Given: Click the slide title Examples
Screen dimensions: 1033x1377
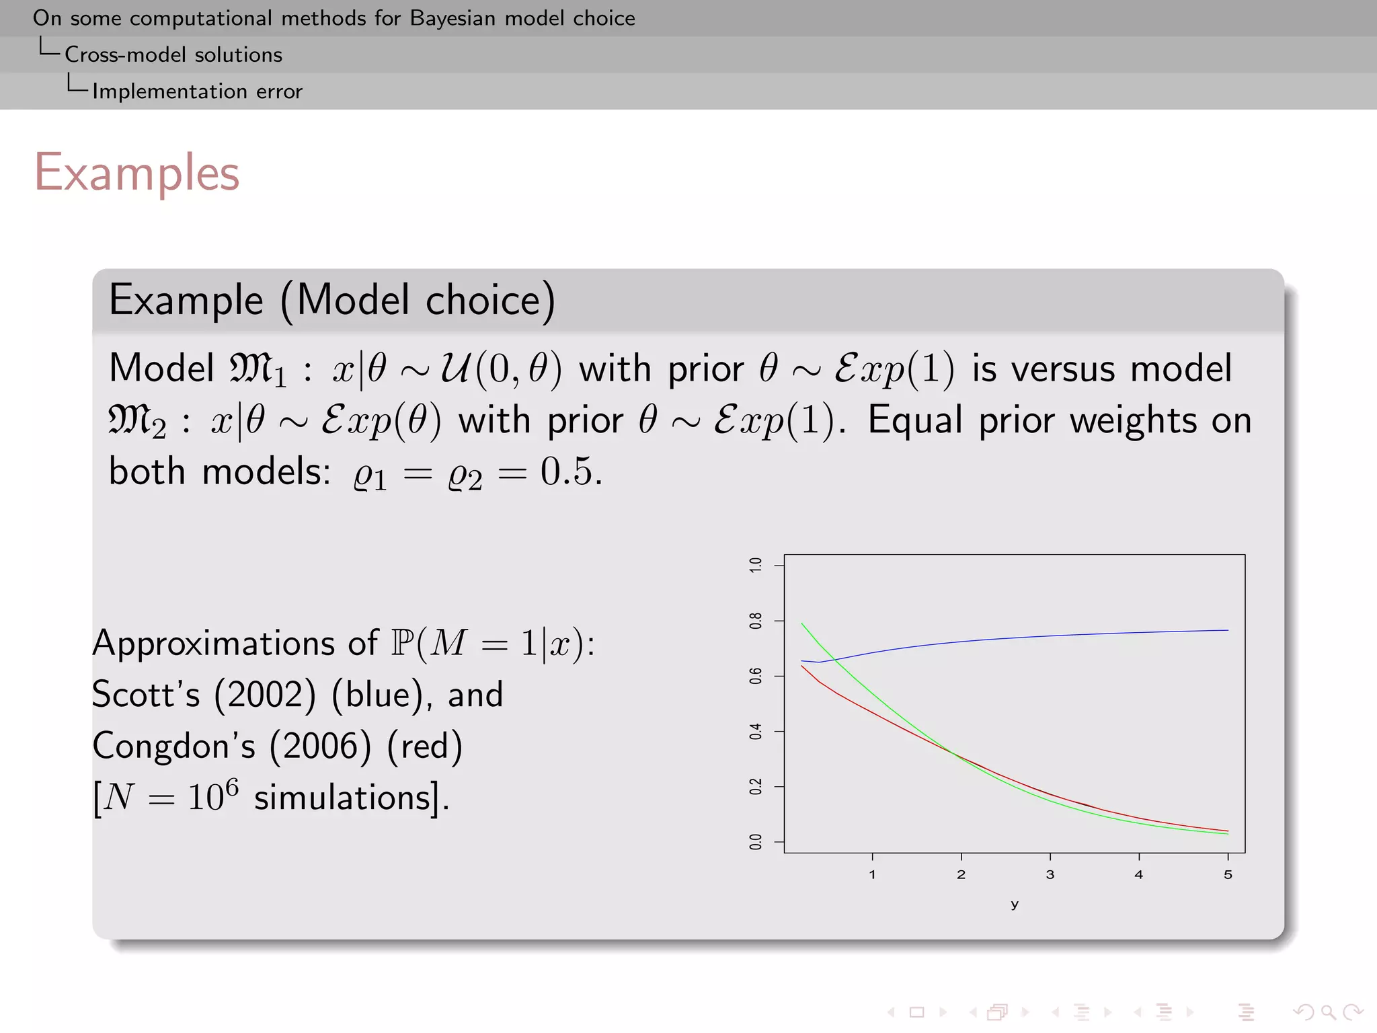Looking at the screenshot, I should (136, 174).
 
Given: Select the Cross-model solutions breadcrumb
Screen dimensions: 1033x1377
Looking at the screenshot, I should (173, 54).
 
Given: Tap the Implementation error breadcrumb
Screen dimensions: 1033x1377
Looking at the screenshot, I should (197, 91).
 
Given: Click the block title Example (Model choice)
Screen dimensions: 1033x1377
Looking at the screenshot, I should (332, 300).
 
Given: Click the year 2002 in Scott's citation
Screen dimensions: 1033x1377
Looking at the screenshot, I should (265, 695).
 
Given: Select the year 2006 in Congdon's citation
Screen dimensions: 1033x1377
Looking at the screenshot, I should (320, 746).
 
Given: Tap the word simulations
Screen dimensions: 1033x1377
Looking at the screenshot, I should (342, 798).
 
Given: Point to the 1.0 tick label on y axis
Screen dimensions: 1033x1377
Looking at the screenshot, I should (756, 565).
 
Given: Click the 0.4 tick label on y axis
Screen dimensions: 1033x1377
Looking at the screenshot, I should (756, 732).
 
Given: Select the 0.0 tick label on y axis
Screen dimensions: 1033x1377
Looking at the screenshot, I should (756, 842).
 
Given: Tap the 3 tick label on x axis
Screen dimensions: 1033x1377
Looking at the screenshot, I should (1050, 875).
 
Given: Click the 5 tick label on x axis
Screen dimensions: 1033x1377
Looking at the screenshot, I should (1228, 875).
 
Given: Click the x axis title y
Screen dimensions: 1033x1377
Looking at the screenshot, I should (1015, 905).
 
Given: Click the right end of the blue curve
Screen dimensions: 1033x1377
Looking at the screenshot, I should (1227, 630).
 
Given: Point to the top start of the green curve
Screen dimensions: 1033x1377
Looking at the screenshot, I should (802, 624).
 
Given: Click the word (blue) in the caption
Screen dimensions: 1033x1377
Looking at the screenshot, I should (381, 695).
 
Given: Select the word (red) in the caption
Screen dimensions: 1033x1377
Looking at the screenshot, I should (425, 746).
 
